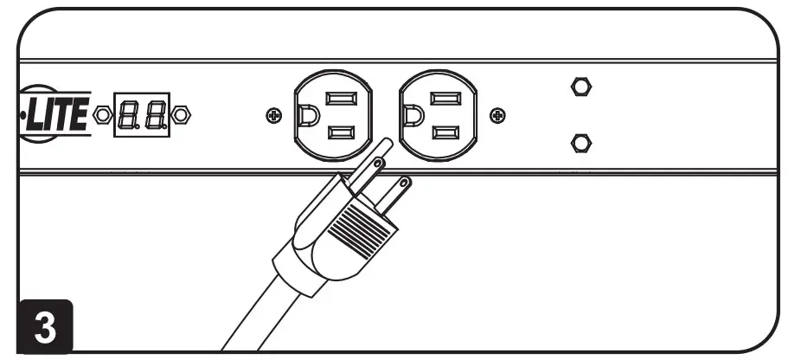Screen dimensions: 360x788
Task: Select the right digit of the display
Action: click(x=156, y=114)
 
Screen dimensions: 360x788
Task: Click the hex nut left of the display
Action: click(x=103, y=114)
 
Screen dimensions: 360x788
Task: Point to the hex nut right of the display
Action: click(x=181, y=114)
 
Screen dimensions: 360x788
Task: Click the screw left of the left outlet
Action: click(x=273, y=114)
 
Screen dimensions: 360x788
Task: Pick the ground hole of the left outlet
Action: click(x=306, y=114)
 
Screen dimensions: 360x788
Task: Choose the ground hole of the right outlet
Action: click(x=413, y=114)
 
